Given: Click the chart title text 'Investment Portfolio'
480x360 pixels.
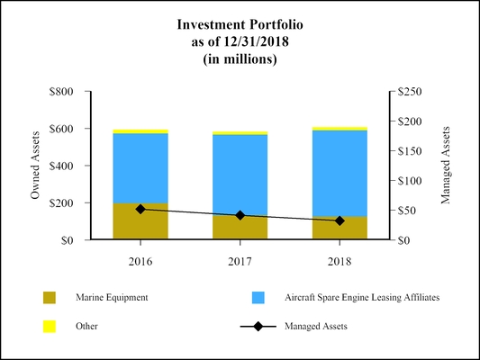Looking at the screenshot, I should (x=240, y=25).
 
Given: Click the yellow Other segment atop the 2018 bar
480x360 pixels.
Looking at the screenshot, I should (x=340, y=129).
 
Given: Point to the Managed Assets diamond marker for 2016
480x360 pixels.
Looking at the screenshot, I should (x=140, y=209).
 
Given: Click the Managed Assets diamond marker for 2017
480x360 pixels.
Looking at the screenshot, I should (x=240, y=215).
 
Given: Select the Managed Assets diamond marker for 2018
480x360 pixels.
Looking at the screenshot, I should (x=340, y=220).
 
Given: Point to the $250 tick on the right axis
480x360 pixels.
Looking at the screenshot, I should (x=410, y=92).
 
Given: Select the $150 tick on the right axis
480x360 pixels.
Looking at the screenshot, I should (x=410, y=151).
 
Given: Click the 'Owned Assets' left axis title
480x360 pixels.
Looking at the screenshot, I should (x=36, y=166).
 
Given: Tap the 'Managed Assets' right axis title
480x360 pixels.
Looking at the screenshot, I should (x=445, y=166).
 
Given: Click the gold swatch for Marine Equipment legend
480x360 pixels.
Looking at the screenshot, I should (x=50, y=297).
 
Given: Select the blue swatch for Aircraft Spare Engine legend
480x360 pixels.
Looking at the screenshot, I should (x=258, y=297).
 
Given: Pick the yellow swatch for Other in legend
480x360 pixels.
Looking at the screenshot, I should (x=50, y=326).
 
